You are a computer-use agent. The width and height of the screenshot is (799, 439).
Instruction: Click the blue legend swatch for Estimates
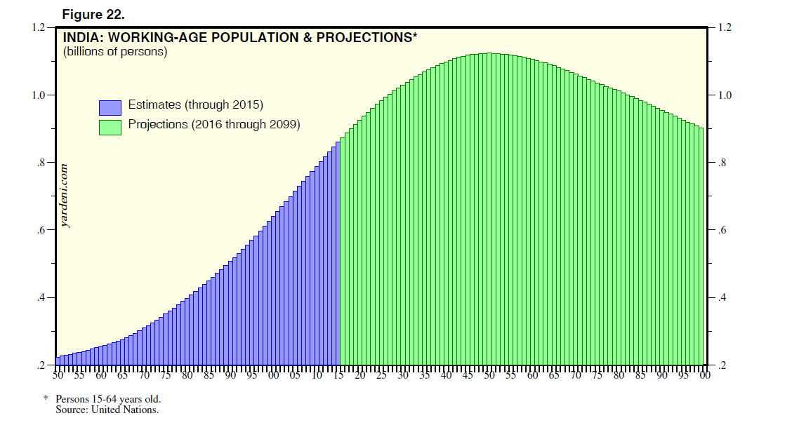pyautogui.click(x=110, y=107)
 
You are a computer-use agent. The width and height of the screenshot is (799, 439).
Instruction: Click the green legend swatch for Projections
pyautogui.click(x=110, y=126)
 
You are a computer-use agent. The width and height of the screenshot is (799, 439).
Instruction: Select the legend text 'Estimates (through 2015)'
pyautogui.click(x=195, y=105)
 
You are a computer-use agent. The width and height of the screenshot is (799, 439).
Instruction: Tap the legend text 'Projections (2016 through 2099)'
pyautogui.click(x=214, y=125)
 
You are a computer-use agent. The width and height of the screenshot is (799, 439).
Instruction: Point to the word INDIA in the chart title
pyautogui.click(x=81, y=37)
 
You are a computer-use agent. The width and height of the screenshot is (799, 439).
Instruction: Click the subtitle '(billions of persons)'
pyautogui.click(x=115, y=52)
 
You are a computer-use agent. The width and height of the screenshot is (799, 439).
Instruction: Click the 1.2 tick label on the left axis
pyautogui.click(x=39, y=28)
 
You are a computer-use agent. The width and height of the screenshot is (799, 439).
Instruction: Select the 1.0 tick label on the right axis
pyautogui.click(x=723, y=95)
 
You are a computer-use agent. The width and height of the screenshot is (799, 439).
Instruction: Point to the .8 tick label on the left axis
pyautogui.click(x=41, y=163)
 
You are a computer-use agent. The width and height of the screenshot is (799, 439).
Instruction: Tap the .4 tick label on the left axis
pyautogui.click(x=41, y=298)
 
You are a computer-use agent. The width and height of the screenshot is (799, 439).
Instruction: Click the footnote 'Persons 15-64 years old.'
pyautogui.click(x=108, y=400)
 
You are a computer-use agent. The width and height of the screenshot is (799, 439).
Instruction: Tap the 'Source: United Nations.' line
pyautogui.click(x=107, y=410)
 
